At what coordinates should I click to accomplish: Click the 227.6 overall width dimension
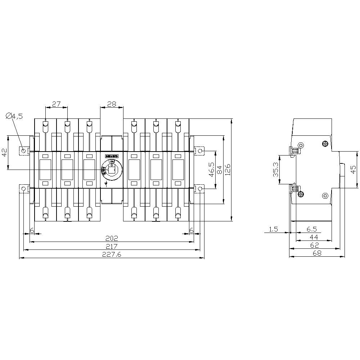coord(112,254)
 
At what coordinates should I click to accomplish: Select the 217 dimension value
coord(112,246)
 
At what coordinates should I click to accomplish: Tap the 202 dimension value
coord(112,238)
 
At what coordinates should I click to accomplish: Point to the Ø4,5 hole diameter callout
coord(14,116)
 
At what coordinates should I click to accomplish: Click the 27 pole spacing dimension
coord(56,104)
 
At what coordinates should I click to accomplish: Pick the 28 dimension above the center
coord(112,104)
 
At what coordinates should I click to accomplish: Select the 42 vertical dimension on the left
coord(5,152)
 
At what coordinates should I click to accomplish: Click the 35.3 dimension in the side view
coord(275,170)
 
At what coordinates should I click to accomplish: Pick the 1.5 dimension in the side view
coord(273,229)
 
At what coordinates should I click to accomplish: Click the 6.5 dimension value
coord(311,229)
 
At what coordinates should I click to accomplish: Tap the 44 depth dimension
coord(314,237)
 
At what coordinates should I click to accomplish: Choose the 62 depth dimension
coord(315,246)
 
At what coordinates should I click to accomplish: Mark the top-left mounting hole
coord(24,150)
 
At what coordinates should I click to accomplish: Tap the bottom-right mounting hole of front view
coord(200,189)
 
